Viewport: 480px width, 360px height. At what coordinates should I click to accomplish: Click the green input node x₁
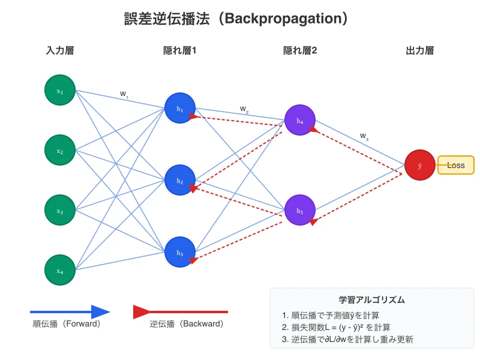(60, 90)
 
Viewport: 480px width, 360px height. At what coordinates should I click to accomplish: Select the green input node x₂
(60, 150)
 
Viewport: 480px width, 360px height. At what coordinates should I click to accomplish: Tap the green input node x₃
(60, 210)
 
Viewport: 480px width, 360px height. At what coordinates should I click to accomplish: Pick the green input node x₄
(60, 270)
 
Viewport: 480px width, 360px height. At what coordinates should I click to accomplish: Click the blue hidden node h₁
(180, 108)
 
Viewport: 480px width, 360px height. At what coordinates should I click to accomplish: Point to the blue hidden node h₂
(180, 180)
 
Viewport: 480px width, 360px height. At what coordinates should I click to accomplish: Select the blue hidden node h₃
(180, 252)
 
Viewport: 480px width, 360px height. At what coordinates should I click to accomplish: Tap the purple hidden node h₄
(300, 120)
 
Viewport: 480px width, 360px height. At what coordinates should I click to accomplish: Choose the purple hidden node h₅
(300, 210)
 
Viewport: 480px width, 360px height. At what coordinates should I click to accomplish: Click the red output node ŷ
(419, 165)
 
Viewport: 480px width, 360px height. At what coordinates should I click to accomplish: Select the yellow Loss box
(456, 165)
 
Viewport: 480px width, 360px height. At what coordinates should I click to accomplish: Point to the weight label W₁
(124, 94)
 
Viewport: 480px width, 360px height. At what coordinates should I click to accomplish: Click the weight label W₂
(244, 109)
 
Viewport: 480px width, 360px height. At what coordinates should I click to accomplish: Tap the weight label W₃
(364, 136)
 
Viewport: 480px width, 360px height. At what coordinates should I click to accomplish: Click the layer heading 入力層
(60, 50)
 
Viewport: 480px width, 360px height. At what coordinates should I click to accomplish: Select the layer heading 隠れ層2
(300, 50)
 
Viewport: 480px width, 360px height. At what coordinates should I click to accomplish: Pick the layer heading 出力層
(419, 50)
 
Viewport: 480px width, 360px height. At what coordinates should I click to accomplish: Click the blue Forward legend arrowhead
(100, 312)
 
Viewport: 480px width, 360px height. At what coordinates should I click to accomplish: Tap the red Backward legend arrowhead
(142, 312)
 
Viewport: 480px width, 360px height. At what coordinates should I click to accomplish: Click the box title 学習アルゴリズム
(371, 299)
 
